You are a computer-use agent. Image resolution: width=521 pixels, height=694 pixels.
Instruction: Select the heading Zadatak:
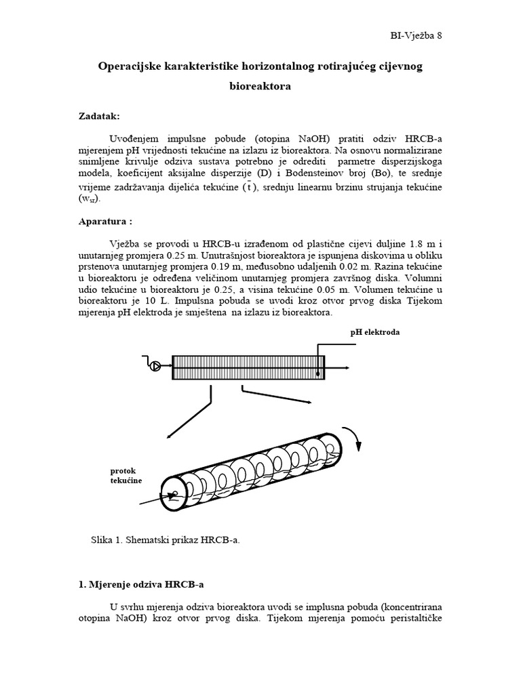click(99, 116)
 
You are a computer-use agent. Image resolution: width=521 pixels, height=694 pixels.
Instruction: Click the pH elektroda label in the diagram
click(374, 333)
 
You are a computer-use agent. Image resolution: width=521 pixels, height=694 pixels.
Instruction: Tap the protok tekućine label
click(126, 475)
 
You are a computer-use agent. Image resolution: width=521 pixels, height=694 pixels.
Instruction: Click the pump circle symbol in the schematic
click(155, 367)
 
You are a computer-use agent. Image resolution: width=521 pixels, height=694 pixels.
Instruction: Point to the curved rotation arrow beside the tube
click(355, 439)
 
